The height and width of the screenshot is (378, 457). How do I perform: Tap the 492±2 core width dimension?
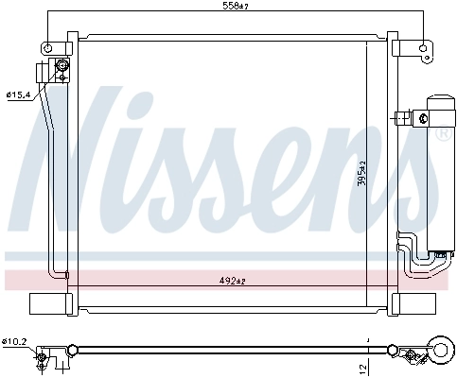(232, 279)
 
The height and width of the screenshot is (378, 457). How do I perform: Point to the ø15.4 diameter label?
(19, 94)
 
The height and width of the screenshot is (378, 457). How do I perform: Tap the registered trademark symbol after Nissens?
(442, 135)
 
